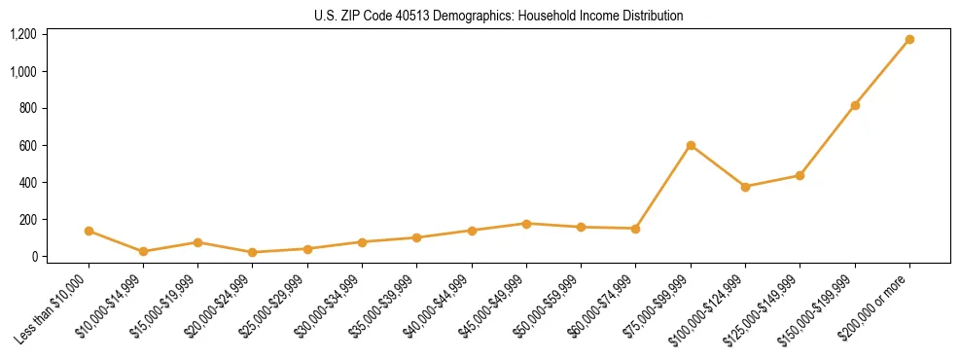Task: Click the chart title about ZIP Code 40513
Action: click(498, 16)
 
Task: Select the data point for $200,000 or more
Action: click(909, 40)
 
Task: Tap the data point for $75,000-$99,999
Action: click(691, 145)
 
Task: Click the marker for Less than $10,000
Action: click(89, 231)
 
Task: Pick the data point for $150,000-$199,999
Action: click(855, 105)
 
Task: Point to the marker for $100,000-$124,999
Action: click(745, 187)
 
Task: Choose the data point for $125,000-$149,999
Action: click(800, 175)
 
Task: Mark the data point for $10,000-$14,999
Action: click(143, 251)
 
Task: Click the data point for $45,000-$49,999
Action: click(526, 224)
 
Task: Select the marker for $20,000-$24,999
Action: click(253, 252)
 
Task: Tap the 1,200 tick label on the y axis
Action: click(23, 35)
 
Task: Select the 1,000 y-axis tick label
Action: click(23, 72)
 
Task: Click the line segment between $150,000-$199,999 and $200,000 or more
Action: click(882, 73)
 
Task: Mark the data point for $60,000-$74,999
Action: click(636, 229)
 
